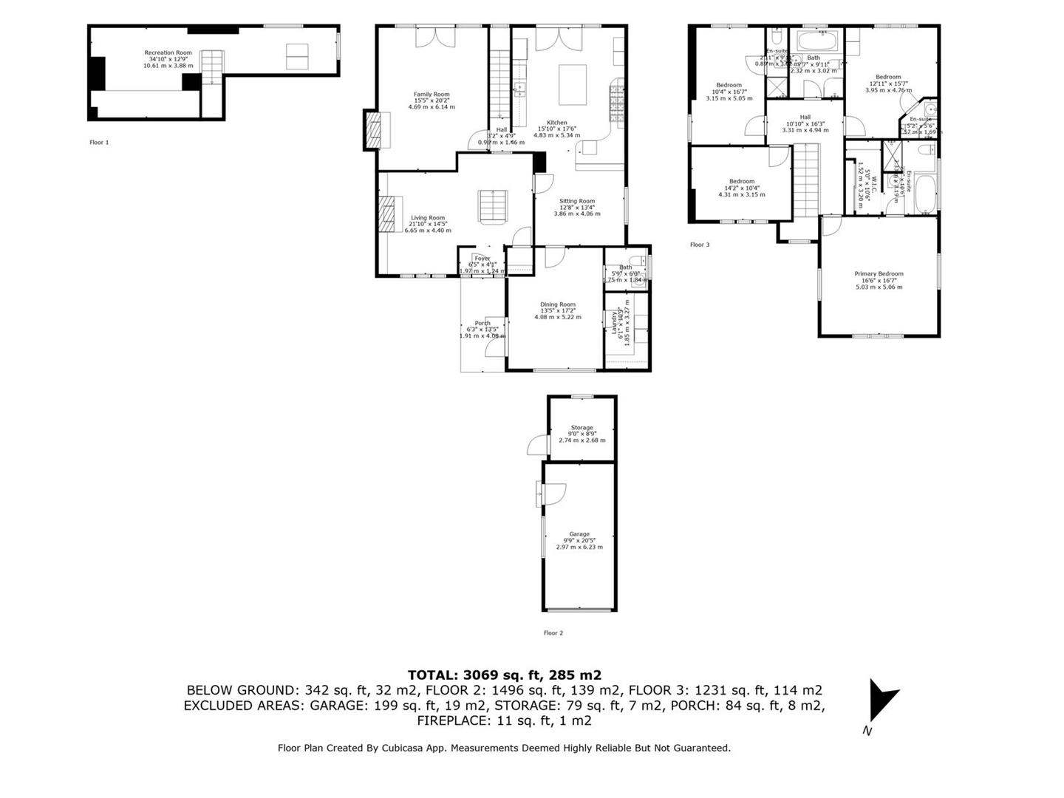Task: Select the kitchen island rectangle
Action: tap(573, 86)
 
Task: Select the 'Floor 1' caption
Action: tap(99, 143)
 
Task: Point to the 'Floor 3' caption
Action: tap(700, 245)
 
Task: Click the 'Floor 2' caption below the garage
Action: tap(553, 633)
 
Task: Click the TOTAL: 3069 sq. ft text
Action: tap(504, 675)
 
